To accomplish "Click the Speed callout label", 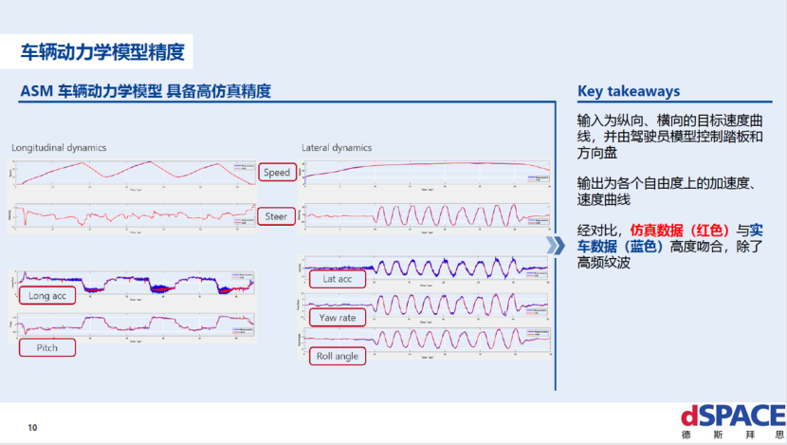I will point(277,173).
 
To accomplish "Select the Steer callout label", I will point(276,216).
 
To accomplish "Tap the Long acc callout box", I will point(47,296).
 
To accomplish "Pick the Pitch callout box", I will point(47,347).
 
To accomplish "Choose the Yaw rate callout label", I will point(338,317).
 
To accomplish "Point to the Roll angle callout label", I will point(338,356).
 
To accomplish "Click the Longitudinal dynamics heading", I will point(59,148).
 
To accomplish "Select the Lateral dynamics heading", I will point(337,148).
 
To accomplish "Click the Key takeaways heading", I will point(629,91).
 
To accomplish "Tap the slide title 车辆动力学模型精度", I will point(102,50).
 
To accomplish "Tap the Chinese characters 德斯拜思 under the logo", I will point(732,436).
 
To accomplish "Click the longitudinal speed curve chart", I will point(133,173).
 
